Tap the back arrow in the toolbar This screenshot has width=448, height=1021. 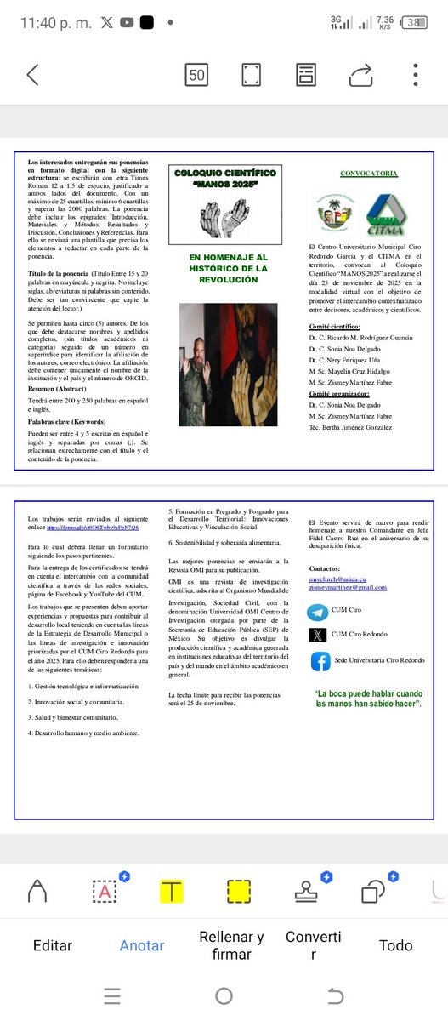[32, 74]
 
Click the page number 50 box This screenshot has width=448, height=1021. [197, 75]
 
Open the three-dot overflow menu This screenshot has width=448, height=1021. [415, 74]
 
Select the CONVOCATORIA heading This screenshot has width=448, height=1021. [368, 174]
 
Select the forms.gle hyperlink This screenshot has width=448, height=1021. [93, 528]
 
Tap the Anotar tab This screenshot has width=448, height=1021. [142, 945]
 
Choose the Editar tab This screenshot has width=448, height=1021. [53, 945]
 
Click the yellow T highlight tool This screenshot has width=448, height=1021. [172, 892]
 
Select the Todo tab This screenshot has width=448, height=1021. [395, 945]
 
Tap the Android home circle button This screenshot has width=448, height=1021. [224, 995]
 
